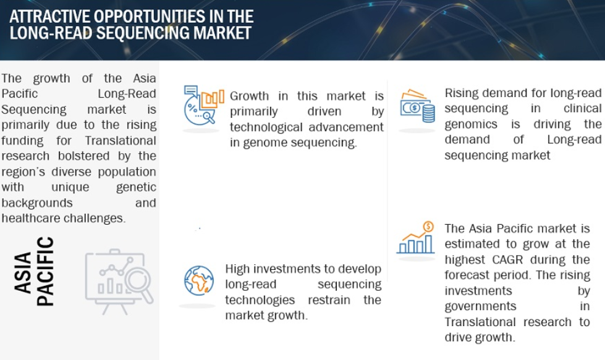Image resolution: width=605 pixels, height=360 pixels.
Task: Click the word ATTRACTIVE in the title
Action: click(50, 17)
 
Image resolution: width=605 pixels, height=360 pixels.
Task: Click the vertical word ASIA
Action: click(22, 273)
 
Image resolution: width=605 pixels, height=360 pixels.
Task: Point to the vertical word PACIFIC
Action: click(45, 271)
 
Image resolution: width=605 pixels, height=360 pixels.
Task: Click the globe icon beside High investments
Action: click(199, 280)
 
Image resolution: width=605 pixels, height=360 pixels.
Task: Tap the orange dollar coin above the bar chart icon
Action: click(428, 227)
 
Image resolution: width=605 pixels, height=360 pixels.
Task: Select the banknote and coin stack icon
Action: click(418, 106)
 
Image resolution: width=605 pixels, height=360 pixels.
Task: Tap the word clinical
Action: click(582, 108)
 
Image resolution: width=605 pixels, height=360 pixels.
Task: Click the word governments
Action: click(480, 306)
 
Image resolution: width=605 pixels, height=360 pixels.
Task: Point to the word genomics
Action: click(471, 125)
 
